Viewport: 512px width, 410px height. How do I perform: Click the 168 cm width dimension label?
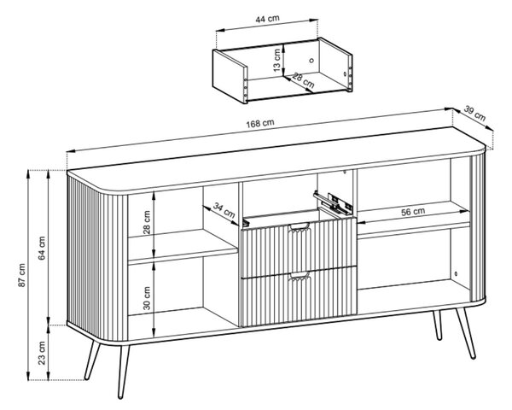[260, 123]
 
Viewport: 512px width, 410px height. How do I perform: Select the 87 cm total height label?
[21, 275]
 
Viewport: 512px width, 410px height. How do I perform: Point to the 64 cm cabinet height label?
[42, 248]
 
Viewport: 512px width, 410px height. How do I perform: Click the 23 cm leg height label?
[42, 353]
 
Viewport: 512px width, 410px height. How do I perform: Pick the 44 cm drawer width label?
[267, 19]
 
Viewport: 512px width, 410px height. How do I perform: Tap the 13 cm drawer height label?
[276, 60]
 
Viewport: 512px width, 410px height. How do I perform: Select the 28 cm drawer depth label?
[303, 81]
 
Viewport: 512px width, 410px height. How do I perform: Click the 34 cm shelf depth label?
[224, 210]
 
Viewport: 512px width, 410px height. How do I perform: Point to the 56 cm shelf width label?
[413, 212]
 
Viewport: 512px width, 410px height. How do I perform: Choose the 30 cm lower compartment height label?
[147, 298]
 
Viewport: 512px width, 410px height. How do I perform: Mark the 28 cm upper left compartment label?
[147, 222]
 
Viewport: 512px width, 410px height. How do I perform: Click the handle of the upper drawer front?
[300, 226]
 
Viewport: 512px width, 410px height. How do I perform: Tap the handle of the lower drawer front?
[300, 276]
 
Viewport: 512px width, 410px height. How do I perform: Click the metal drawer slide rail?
[333, 202]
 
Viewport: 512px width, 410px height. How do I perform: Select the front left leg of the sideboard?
[123, 372]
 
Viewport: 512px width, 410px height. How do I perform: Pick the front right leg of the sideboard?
[465, 333]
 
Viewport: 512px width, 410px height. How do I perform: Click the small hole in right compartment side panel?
[457, 273]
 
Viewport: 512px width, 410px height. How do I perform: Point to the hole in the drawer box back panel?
[311, 60]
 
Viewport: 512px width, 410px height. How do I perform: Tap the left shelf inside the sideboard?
[183, 247]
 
